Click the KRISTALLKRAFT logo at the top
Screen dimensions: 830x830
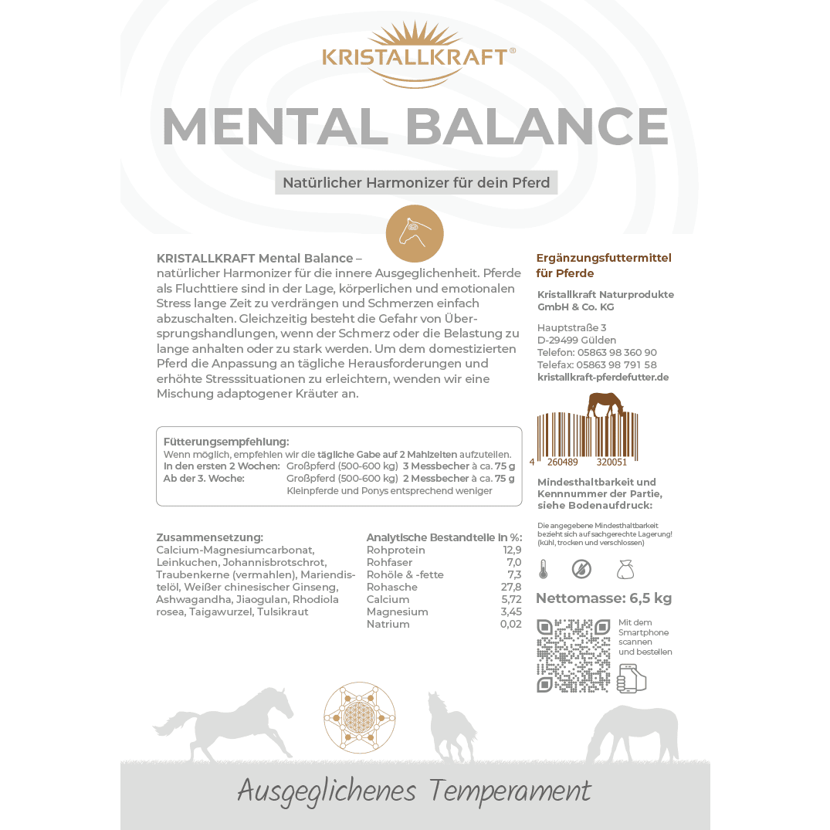[418, 56]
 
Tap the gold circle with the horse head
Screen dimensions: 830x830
[415, 234]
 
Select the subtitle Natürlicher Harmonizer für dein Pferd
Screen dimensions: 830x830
[416, 183]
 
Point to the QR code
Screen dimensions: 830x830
[573, 655]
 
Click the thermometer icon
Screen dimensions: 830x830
[543, 570]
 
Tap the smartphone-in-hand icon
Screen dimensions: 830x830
[632, 677]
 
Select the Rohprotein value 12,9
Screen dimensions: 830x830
[512, 550]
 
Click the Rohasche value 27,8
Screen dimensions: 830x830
[510, 587]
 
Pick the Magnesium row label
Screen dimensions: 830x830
[397, 611]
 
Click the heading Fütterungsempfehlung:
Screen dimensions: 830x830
[226, 442]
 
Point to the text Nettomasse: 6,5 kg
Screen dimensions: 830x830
[604, 598]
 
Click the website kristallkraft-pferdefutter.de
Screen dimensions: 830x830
[602, 377]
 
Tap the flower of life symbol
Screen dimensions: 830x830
[359, 717]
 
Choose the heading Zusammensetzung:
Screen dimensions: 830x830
[209, 537]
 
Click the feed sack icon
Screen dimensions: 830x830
[625, 570]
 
